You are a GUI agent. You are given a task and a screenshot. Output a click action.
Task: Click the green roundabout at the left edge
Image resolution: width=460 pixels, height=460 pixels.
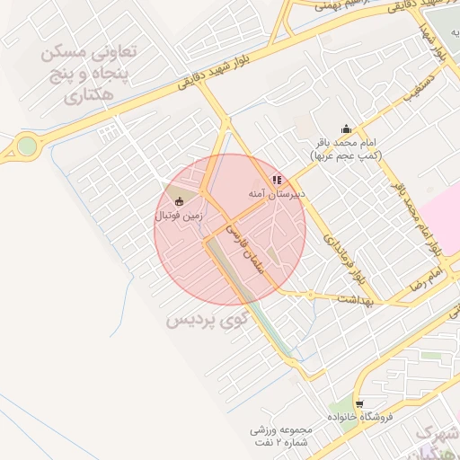click(27, 146)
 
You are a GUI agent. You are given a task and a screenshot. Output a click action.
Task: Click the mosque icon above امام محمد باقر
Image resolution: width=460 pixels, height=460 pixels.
click(347, 128)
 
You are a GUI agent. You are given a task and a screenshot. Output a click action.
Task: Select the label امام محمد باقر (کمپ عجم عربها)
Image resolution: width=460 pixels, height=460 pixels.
click(346, 149)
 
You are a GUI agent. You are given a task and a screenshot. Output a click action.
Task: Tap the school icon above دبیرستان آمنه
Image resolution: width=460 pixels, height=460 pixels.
click(277, 180)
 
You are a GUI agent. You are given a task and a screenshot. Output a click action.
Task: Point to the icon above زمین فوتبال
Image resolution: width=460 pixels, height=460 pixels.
click(178, 201)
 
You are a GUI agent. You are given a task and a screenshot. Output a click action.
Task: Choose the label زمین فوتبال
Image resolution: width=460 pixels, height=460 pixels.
click(179, 216)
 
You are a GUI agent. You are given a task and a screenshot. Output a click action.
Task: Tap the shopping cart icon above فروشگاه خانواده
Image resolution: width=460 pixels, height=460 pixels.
click(359, 404)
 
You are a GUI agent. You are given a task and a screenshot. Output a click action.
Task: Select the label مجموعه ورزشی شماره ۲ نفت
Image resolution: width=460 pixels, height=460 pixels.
click(279, 436)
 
